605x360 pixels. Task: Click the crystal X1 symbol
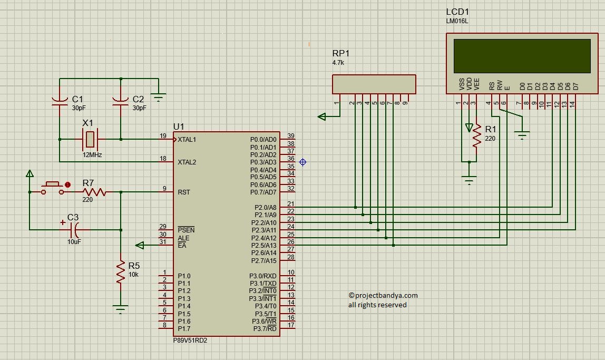[90, 139]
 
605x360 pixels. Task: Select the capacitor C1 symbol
[60, 101]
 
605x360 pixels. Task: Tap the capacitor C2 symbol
[120, 101]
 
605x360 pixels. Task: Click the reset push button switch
[53, 188]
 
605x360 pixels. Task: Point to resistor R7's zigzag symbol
[94, 192]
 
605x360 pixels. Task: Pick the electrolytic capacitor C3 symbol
[74, 230]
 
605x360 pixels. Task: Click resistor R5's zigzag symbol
[121, 271]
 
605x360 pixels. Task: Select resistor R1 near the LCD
[477, 135]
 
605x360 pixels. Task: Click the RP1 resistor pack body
[374, 84]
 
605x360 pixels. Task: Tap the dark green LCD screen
[522, 56]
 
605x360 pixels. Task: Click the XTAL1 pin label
[187, 140]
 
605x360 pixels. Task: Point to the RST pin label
[183, 192]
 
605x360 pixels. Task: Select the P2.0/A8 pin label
[266, 208]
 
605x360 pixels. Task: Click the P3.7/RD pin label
[265, 329]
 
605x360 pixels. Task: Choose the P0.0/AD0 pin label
[263, 140]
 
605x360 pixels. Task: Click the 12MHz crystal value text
[92, 155]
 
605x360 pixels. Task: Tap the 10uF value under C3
[74, 242]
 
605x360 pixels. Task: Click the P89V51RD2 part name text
[190, 340]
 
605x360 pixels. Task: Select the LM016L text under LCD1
[457, 21]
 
